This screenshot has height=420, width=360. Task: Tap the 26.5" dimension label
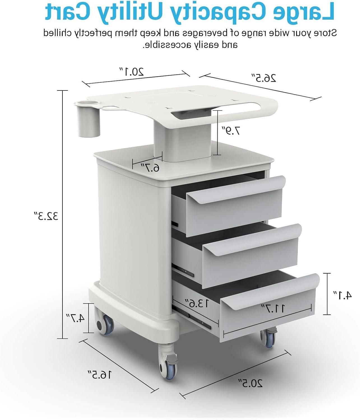click(x=264, y=78)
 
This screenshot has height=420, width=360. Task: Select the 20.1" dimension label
click(x=132, y=72)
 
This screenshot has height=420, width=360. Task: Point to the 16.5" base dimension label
click(x=100, y=374)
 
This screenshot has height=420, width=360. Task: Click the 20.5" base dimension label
click(x=251, y=383)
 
